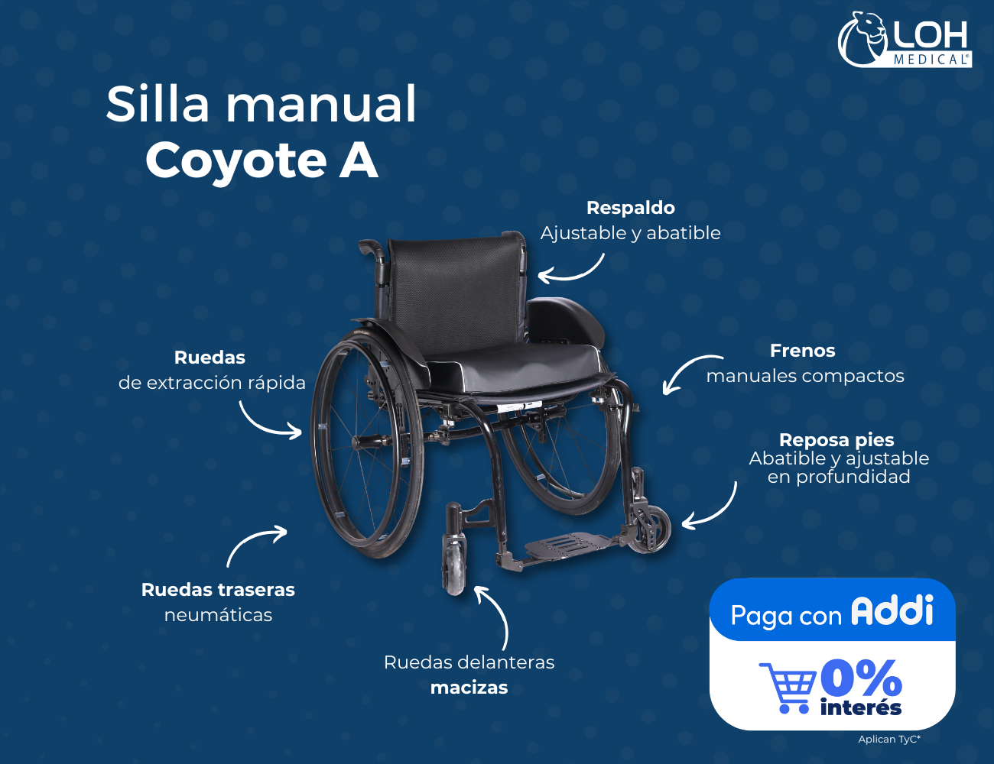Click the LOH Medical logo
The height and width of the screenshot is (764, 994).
(905, 40)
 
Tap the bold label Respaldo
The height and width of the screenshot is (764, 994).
(630, 208)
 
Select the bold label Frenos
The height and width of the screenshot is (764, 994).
(802, 351)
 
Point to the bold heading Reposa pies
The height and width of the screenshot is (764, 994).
(836, 441)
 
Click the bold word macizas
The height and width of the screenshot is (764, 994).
(469, 688)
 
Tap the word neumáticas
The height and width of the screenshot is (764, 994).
(218, 615)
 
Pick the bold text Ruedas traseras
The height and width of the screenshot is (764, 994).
(218, 590)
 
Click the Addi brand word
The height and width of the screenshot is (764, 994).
(892, 610)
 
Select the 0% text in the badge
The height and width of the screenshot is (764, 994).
(861, 678)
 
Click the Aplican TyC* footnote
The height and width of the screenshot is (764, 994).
(889, 739)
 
